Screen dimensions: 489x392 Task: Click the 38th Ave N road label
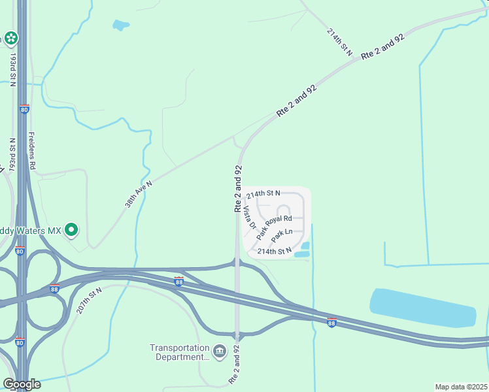click(139, 194)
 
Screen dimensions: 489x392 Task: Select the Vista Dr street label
click(248, 218)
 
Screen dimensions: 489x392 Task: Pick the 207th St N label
click(89, 301)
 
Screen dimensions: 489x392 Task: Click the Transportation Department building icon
click(219, 353)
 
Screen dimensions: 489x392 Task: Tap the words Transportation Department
click(180, 353)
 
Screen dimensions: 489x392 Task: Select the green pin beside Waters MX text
click(73, 230)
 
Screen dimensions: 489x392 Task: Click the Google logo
click(22, 384)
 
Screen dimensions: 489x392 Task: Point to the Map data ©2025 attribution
click(461, 387)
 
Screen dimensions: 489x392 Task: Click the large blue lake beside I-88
click(422, 307)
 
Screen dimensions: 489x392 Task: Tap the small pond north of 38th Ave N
click(121, 25)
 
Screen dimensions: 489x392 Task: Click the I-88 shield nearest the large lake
click(331, 323)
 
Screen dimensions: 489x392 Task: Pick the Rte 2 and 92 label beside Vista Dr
click(239, 188)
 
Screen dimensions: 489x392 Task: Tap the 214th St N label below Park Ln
click(274, 251)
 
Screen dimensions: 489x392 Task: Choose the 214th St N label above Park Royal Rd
click(263, 193)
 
